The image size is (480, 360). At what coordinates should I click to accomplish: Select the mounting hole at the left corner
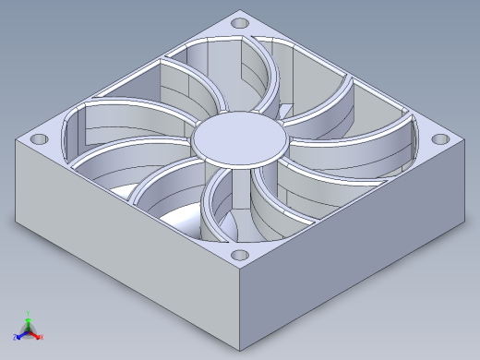click(39, 138)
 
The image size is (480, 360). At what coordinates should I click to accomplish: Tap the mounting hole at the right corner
click(442, 139)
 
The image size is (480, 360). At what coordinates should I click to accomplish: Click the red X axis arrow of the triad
click(37, 335)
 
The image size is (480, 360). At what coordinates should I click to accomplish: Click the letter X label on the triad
click(42, 338)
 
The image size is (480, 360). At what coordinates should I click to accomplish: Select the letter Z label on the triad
click(15, 338)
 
